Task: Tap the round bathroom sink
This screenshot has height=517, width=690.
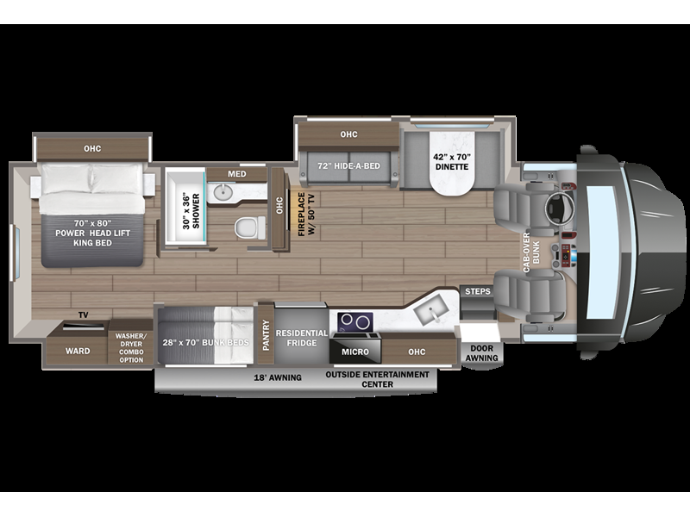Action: coord(222,191)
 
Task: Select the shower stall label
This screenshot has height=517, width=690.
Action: coord(190,208)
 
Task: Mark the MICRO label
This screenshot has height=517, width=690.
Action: coord(354,352)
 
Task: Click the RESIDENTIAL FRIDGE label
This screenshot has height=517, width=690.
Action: coord(301,337)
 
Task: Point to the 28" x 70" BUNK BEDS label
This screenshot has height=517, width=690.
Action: coord(205,342)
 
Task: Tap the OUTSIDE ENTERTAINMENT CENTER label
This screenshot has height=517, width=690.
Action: coord(377,380)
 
